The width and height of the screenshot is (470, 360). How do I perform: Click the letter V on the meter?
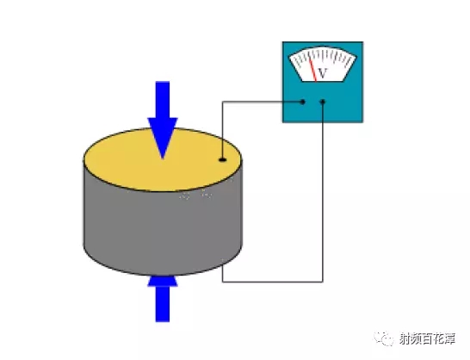pos(322,73)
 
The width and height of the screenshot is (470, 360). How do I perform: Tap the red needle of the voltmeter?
pos(313,69)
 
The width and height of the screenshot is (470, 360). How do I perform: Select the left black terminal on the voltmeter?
pos(303,102)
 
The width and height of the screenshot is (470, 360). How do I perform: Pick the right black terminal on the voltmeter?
pos(323,102)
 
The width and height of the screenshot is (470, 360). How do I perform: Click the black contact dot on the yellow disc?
pos(222,159)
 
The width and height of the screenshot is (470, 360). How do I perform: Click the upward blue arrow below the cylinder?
pos(163,299)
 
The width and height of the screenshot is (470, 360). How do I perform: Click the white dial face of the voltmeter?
pos(322,64)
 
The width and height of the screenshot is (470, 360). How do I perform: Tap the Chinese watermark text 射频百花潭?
pos(427,339)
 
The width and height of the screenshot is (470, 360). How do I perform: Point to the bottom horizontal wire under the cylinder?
pos(273,282)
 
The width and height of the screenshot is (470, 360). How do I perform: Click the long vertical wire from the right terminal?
pos(323,192)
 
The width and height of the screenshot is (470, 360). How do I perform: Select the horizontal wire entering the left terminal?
pos(263,102)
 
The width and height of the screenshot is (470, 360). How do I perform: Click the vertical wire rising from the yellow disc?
pos(222,131)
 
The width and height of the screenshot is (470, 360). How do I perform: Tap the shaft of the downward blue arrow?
pos(163,100)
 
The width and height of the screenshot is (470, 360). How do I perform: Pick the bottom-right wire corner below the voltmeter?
pos(323,282)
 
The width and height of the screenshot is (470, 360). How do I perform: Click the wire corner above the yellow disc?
pos(222,102)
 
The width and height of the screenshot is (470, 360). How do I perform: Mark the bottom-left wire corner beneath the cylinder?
pos(222,282)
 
